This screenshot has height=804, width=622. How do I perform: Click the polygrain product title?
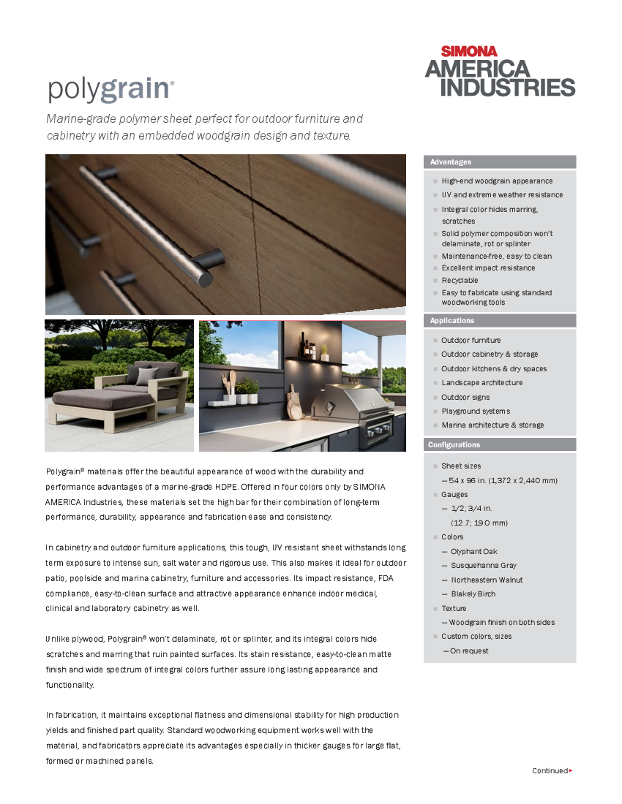pos(110,89)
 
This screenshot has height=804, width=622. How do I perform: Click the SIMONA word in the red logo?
pos(469,51)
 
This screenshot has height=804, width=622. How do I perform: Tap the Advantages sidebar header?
pos(451,162)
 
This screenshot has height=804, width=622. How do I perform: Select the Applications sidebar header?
pos(452,321)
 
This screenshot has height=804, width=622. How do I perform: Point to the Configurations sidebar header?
pos(454,444)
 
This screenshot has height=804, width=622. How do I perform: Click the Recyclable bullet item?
pos(460,280)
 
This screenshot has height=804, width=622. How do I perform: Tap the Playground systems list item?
pos(476,411)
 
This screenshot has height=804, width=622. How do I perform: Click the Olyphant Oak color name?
pos(474,551)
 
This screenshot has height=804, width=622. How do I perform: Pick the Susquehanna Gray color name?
pos(484,565)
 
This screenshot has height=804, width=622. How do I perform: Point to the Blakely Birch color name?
pos(473,593)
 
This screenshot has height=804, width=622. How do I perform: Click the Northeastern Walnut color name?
pos(487,580)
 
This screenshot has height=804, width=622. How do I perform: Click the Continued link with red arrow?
pos(552,770)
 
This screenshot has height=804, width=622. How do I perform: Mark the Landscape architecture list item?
pos(482,383)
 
